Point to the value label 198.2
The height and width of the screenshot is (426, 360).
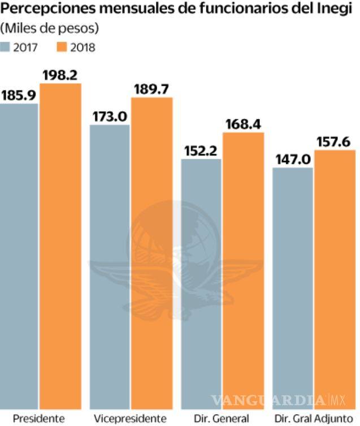[61, 75]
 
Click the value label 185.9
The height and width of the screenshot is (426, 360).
[19, 95]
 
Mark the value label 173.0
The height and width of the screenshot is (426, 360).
[111, 116]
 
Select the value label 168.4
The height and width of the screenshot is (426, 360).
[243, 124]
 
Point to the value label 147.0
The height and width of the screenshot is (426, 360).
[293, 159]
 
